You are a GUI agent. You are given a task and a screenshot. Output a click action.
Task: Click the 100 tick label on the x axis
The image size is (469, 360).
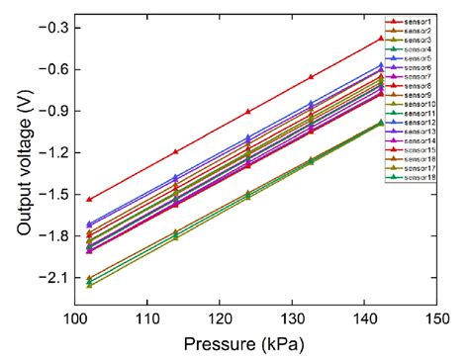[88, 320]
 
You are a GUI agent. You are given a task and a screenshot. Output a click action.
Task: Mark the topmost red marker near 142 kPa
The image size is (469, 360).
[381, 39]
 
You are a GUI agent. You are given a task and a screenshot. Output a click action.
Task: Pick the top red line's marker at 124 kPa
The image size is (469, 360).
[248, 111]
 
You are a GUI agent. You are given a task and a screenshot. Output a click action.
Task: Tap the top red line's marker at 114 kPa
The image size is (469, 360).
[176, 151]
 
